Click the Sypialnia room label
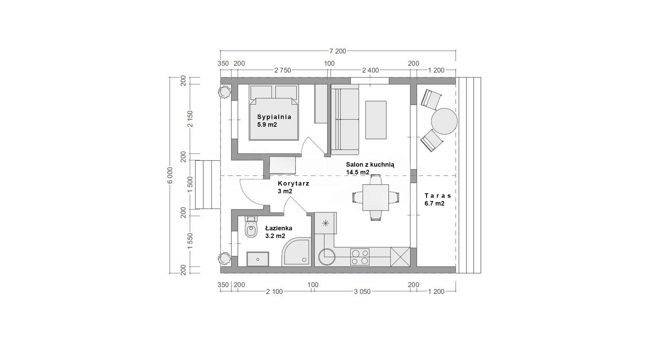point(274,117)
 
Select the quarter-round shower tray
point(296,252)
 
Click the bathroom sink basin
point(258,259)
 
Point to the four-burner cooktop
point(360,257)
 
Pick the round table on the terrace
point(444,121)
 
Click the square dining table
point(375,197)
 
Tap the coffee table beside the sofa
point(375,120)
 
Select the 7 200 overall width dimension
point(337,51)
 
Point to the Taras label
point(438,196)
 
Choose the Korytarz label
point(293,183)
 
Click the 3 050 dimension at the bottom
point(362,292)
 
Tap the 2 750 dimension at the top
point(282,70)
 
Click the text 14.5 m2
point(358,172)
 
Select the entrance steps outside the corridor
point(208,184)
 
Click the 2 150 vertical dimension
point(190,119)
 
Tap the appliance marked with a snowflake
point(325,223)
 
